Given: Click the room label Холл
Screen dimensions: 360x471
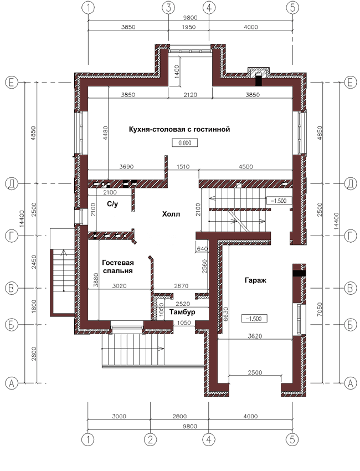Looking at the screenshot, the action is pyautogui.click(x=171, y=214).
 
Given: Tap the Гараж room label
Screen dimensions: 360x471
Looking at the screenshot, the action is pyautogui.click(x=255, y=280).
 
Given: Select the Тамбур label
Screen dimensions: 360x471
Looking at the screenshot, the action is pyautogui.click(x=182, y=312).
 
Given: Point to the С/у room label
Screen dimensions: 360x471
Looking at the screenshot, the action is pyautogui.click(x=112, y=204).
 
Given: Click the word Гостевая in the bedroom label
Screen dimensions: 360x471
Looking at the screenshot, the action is pyautogui.click(x=118, y=263).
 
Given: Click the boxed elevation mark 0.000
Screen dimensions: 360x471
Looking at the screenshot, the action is pyautogui.click(x=185, y=142).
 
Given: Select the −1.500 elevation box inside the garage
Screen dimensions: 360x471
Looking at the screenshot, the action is pyautogui.click(x=254, y=319).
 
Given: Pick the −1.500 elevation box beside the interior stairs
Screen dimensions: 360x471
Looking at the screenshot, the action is pyautogui.click(x=279, y=201).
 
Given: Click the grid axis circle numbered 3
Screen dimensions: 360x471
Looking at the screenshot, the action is pyautogui.click(x=168, y=8).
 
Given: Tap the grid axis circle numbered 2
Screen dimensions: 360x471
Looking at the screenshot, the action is pyautogui.click(x=150, y=440).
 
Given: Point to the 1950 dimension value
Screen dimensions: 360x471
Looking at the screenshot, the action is pyautogui.click(x=188, y=27).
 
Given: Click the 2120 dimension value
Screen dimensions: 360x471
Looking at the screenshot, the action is pyautogui.click(x=190, y=95).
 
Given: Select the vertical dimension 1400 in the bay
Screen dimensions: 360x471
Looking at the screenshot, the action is pyautogui.click(x=177, y=71).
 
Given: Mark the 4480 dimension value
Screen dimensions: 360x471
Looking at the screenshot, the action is pyautogui.click(x=105, y=133).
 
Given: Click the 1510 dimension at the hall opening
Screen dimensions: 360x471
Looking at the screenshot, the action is pyautogui.click(x=183, y=167).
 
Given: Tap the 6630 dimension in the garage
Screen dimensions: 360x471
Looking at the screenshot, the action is pyautogui.click(x=226, y=314).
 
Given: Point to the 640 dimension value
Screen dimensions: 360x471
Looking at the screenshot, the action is pyautogui.click(x=202, y=249).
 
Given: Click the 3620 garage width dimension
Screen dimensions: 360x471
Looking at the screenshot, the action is pyautogui.click(x=255, y=336).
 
